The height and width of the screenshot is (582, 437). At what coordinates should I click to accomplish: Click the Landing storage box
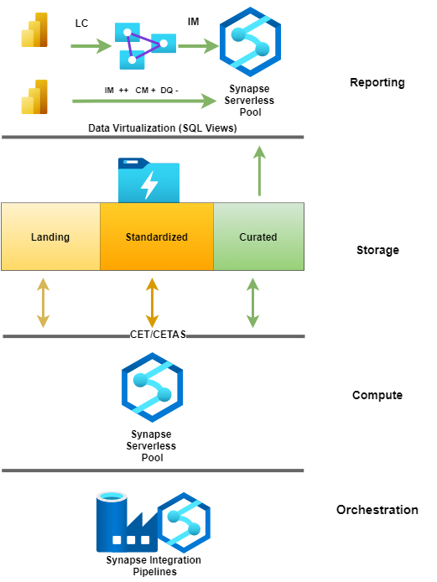pyautogui.click(x=50, y=236)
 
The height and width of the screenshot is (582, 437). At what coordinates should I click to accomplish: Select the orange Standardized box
pyautogui.click(x=157, y=236)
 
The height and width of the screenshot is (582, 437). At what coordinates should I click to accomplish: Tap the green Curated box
pyautogui.click(x=258, y=236)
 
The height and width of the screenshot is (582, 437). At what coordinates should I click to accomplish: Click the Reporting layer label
pyautogui.click(x=377, y=82)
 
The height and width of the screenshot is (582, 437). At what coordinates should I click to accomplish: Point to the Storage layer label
pyautogui.click(x=377, y=250)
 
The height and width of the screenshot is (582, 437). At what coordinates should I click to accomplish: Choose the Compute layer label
pyautogui.click(x=377, y=395)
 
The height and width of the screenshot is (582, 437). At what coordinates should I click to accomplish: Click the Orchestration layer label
pyautogui.click(x=377, y=510)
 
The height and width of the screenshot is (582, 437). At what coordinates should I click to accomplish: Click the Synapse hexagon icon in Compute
pyautogui.click(x=152, y=387)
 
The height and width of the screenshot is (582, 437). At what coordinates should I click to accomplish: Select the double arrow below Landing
pyautogui.click(x=42, y=303)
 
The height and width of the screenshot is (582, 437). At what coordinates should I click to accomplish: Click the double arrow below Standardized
pyautogui.click(x=152, y=303)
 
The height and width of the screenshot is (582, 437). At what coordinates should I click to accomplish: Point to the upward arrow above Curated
pyautogui.click(x=259, y=171)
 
